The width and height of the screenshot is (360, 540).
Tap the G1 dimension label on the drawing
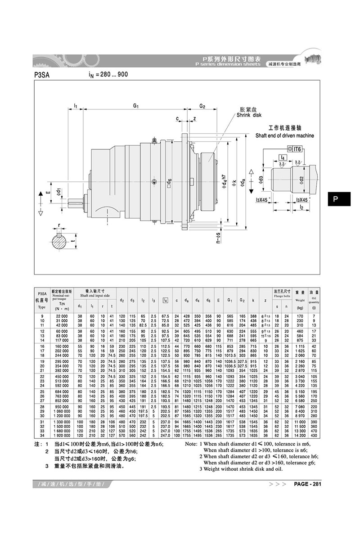pyautogui.click(x=135, y=106)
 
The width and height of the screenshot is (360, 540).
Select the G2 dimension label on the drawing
pyautogui.click(x=202, y=106)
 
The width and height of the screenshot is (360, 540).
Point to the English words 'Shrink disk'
pyautogui.click(x=249, y=115)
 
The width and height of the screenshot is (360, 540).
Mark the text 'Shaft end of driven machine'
pyautogui.click(x=284, y=135)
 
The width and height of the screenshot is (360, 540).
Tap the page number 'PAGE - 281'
pyautogui.click(x=307, y=484)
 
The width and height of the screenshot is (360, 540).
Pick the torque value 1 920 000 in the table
pyautogui.click(x=61, y=435)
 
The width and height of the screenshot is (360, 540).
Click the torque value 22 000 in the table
pyautogui.click(x=61, y=317)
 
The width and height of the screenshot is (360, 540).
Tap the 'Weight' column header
pyautogui.click(x=299, y=299)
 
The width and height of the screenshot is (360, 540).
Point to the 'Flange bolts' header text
pyautogui.click(x=282, y=297)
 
